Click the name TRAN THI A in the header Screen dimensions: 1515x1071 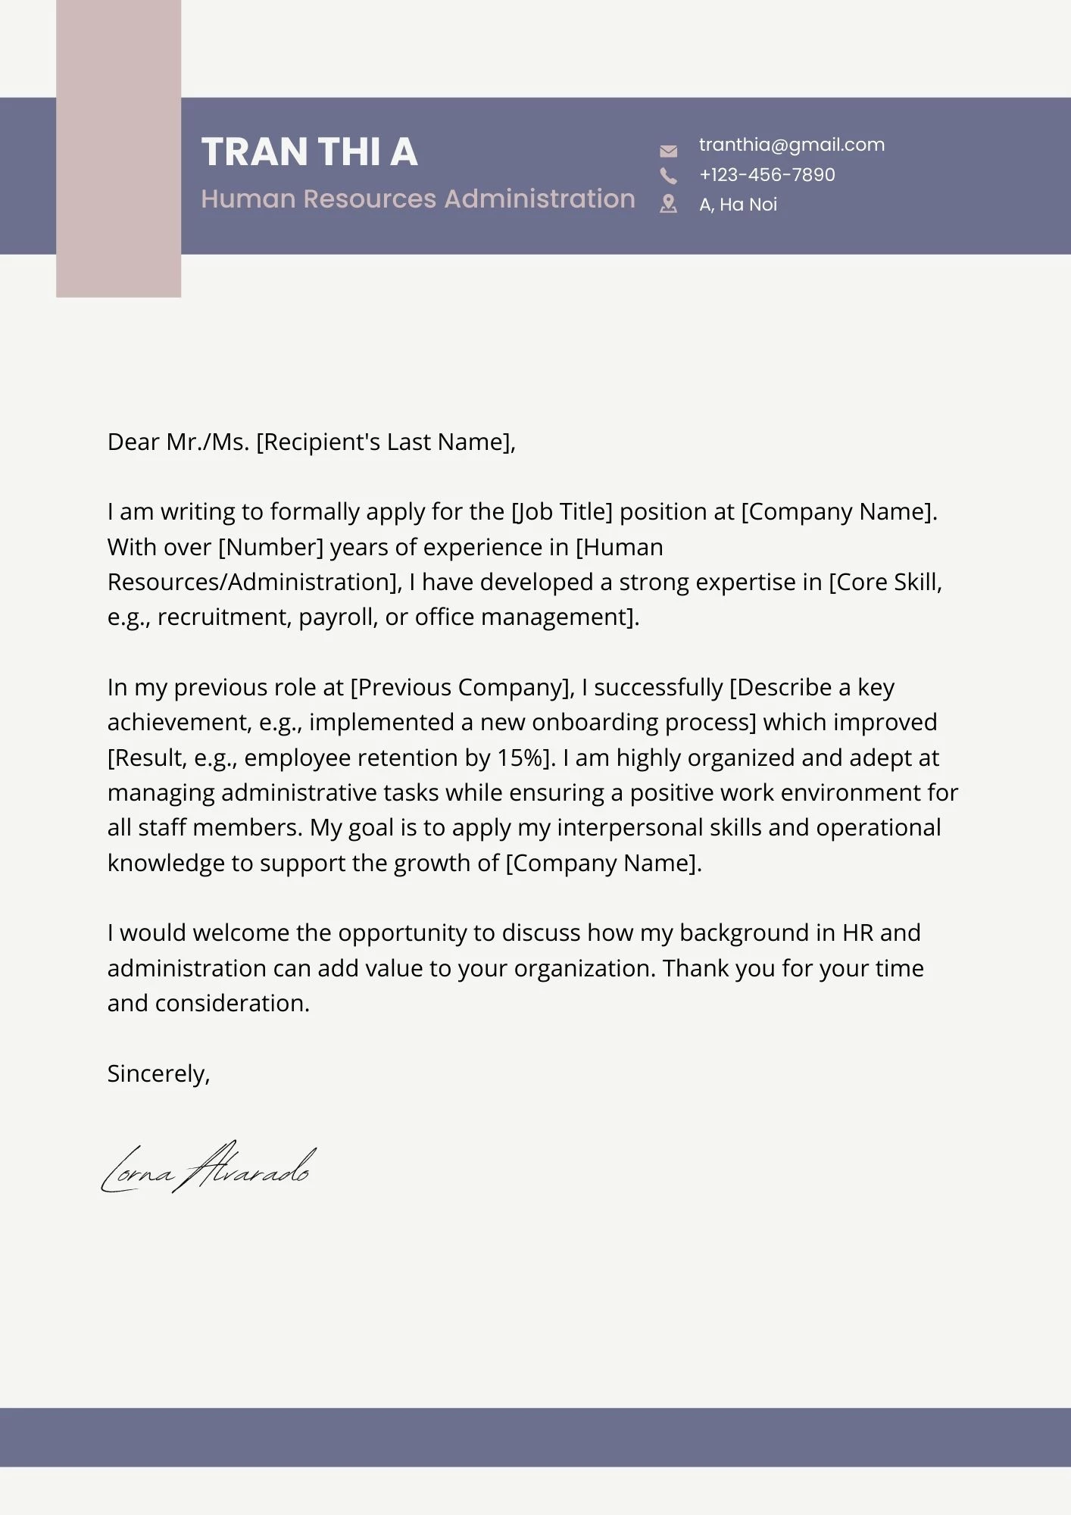click(309, 151)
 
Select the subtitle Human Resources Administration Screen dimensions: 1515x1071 click(417, 198)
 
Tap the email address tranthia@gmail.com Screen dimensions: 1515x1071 click(792, 145)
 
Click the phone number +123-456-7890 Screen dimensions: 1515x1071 click(767, 175)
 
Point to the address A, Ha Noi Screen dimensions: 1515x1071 click(738, 205)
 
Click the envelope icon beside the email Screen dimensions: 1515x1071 click(668, 151)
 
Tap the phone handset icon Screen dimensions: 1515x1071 click(668, 176)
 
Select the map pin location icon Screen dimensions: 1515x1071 click(668, 204)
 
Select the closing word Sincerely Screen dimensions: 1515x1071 click(158, 1073)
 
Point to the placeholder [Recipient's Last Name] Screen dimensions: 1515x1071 click(385, 442)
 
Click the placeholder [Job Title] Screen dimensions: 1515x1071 click(562, 512)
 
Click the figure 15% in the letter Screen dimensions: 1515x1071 click(520, 757)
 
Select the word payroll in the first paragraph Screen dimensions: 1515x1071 click(338, 617)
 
